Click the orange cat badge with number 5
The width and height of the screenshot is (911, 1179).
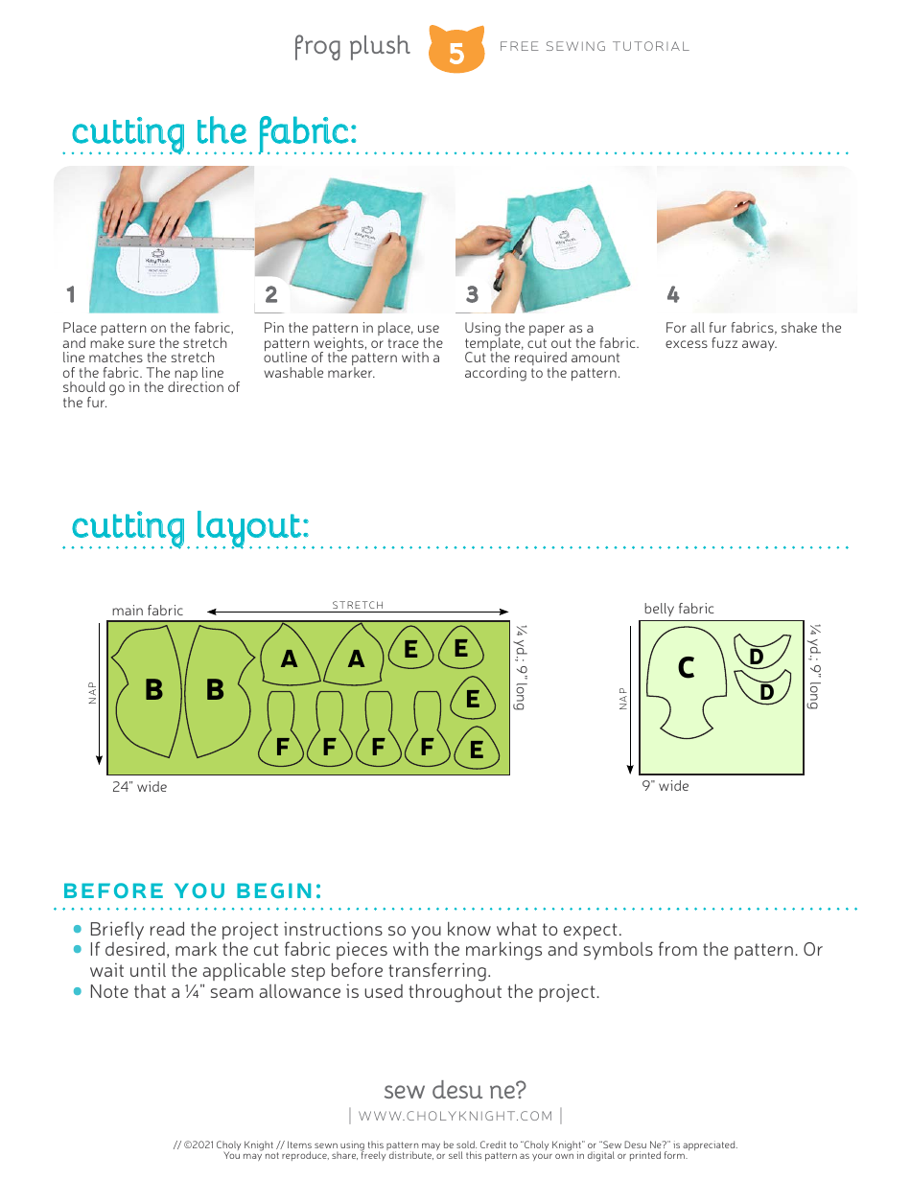coord(456,50)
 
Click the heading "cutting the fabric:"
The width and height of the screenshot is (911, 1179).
coord(214,131)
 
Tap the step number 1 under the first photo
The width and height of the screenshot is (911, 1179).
coord(70,294)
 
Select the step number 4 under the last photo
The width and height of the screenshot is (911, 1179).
coord(672,294)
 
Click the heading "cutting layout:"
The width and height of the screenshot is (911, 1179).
coord(190,526)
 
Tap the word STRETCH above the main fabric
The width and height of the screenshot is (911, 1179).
coord(358,605)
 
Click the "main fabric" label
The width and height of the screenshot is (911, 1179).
coord(147,611)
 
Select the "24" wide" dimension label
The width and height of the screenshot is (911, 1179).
coord(139,787)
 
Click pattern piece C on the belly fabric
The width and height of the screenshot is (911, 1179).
coord(685,669)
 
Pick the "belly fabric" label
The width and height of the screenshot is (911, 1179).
coord(679,609)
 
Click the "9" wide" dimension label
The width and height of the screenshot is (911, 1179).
coord(666,786)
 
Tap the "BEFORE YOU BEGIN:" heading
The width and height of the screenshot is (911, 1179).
coord(192,890)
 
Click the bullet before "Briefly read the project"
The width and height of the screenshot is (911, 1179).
coord(78,929)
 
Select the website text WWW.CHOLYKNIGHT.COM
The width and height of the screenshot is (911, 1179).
coord(455,1116)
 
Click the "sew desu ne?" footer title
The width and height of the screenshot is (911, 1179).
coord(455,1090)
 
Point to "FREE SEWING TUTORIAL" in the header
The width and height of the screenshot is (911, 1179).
coord(595,46)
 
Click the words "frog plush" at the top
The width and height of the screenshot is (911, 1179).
coord(351,46)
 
